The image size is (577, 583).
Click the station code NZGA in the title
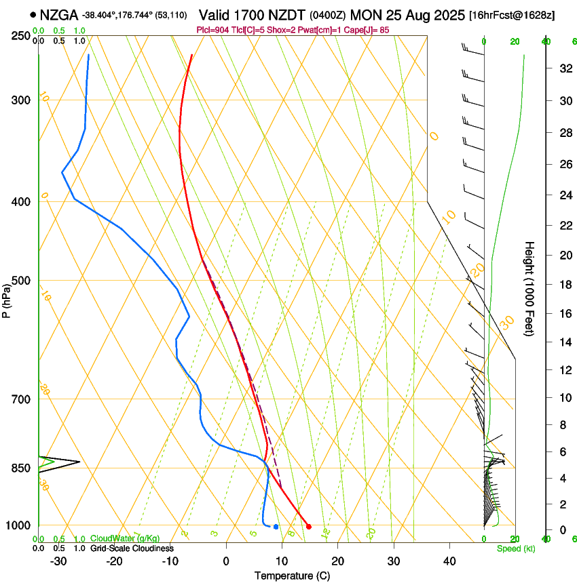pos(58,14)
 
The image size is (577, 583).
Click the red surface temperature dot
pos(309,526)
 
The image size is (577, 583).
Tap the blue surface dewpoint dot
pos(276,526)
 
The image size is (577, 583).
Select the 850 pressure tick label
pos(21,468)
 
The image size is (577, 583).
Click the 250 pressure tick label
pos(21,36)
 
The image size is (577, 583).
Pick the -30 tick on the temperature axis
pos(58,561)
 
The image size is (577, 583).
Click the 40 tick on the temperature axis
pos(449,561)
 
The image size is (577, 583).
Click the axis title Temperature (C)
pos(292,576)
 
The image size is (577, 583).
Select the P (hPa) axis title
pos(7,298)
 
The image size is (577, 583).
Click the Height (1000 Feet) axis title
pos(529,288)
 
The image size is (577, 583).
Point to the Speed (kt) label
pos(515,548)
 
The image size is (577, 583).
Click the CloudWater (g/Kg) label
pos(126,539)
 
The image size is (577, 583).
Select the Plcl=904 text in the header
pos(212,30)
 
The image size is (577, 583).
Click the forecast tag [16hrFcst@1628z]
pos(512,15)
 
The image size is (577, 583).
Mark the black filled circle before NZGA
pos(33,14)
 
